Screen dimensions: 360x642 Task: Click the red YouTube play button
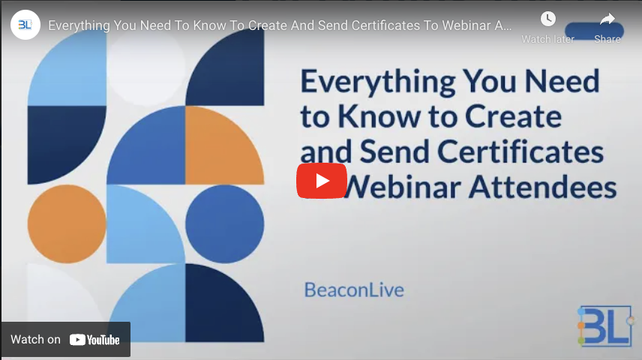tap(321, 181)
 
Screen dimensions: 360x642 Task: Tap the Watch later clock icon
tap(548, 19)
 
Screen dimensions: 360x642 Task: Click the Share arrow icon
tap(607, 19)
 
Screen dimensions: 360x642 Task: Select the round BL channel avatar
tap(25, 25)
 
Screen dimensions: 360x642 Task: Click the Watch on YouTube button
tap(65, 340)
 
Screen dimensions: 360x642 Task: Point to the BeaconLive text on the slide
tap(353, 289)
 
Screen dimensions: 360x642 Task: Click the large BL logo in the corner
tap(605, 325)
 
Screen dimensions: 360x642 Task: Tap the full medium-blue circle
tap(224, 223)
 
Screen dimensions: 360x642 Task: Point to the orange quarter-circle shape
tap(223, 144)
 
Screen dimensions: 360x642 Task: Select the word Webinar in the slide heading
tap(409, 187)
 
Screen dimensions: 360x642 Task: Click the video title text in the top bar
tap(280, 25)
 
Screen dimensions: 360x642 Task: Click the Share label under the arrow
tap(607, 39)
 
